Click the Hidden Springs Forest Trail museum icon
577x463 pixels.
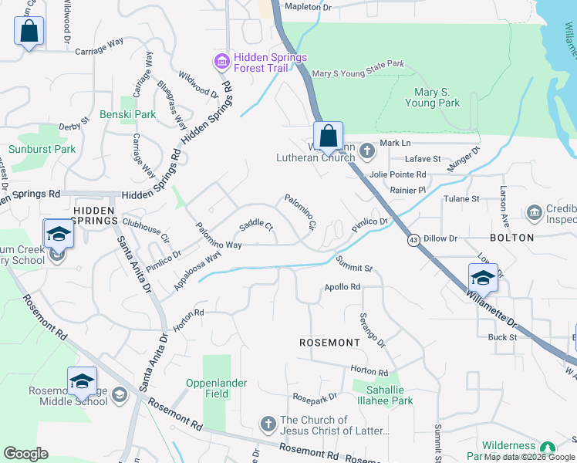(x=221, y=61)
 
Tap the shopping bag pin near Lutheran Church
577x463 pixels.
(x=328, y=137)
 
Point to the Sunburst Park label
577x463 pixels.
(x=42, y=149)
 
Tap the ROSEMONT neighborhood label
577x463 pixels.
(x=329, y=342)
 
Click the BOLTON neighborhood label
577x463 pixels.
(x=511, y=238)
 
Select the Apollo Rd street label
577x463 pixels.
(x=343, y=287)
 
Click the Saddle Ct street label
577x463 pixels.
(x=256, y=226)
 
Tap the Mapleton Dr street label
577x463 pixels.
(x=307, y=7)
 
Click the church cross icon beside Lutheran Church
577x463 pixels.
(x=367, y=150)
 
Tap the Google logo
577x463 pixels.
(x=25, y=454)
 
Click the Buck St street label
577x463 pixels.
(x=502, y=337)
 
